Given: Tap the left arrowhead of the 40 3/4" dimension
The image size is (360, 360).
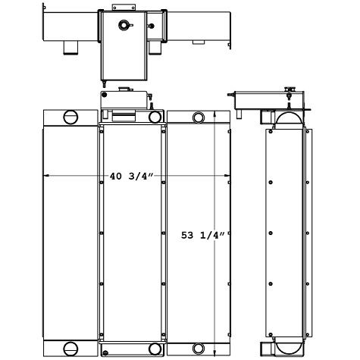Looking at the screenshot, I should tap(46, 177).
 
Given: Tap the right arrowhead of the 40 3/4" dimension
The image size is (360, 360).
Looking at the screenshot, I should tap(227, 177).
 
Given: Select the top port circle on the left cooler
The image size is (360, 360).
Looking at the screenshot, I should tap(70, 117).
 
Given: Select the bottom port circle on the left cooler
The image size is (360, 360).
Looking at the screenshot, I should tap(70, 349).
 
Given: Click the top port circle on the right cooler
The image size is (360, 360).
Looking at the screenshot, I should tap(199, 117).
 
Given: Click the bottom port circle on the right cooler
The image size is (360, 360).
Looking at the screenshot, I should tap(199, 349).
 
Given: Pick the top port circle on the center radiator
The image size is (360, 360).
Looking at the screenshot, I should tap(155, 117).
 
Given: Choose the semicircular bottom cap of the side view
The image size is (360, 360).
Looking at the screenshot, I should tap(286, 347).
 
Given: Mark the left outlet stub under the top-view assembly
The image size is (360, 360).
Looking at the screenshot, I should tap(70, 48).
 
